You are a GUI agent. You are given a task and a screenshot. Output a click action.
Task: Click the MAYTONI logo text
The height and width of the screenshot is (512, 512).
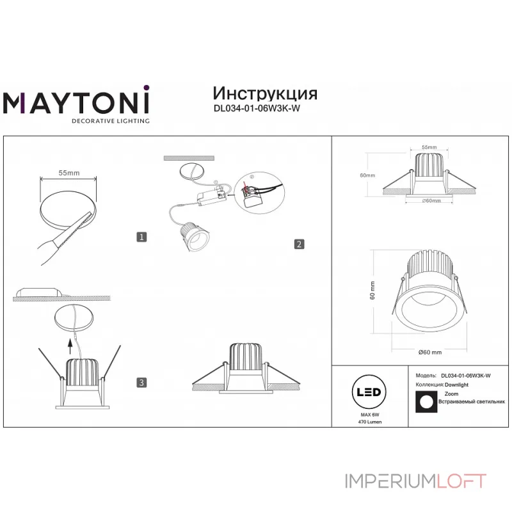pyautogui.click(x=77, y=102)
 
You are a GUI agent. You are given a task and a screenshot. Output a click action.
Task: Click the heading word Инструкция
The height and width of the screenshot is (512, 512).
pyautogui.click(x=264, y=93)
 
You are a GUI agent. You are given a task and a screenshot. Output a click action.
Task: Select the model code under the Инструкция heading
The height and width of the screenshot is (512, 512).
pyautogui.click(x=256, y=108)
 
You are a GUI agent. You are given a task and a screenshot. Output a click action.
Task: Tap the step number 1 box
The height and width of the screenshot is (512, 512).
pyautogui.click(x=142, y=237)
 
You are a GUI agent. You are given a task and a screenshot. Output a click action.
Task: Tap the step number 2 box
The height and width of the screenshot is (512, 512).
pyautogui.click(x=298, y=244)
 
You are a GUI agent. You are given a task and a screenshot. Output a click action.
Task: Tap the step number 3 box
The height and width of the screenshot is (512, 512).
pyautogui.click(x=142, y=383)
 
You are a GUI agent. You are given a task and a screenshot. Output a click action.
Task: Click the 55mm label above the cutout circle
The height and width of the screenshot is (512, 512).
pyautogui.click(x=69, y=173)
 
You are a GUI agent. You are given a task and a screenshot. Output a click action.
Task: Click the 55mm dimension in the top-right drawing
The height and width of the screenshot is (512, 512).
pyautogui.click(x=429, y=147)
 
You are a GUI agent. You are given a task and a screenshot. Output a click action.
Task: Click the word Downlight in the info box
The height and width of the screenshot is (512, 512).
pyautogui.click(x=457, y=385)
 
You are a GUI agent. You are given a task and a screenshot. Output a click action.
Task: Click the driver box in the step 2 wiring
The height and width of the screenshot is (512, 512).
pyautogui.click(x=212, y=198)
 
